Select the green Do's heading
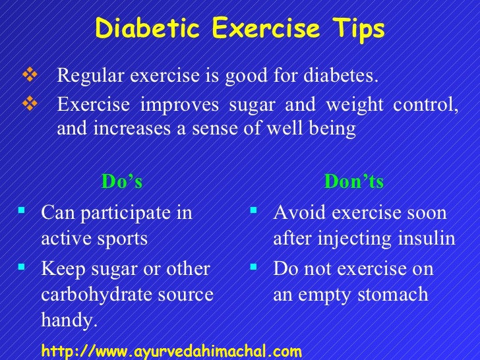pyautogui.click(x=121, y=181)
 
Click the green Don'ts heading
pyautogui.click(x=353, y=181)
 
